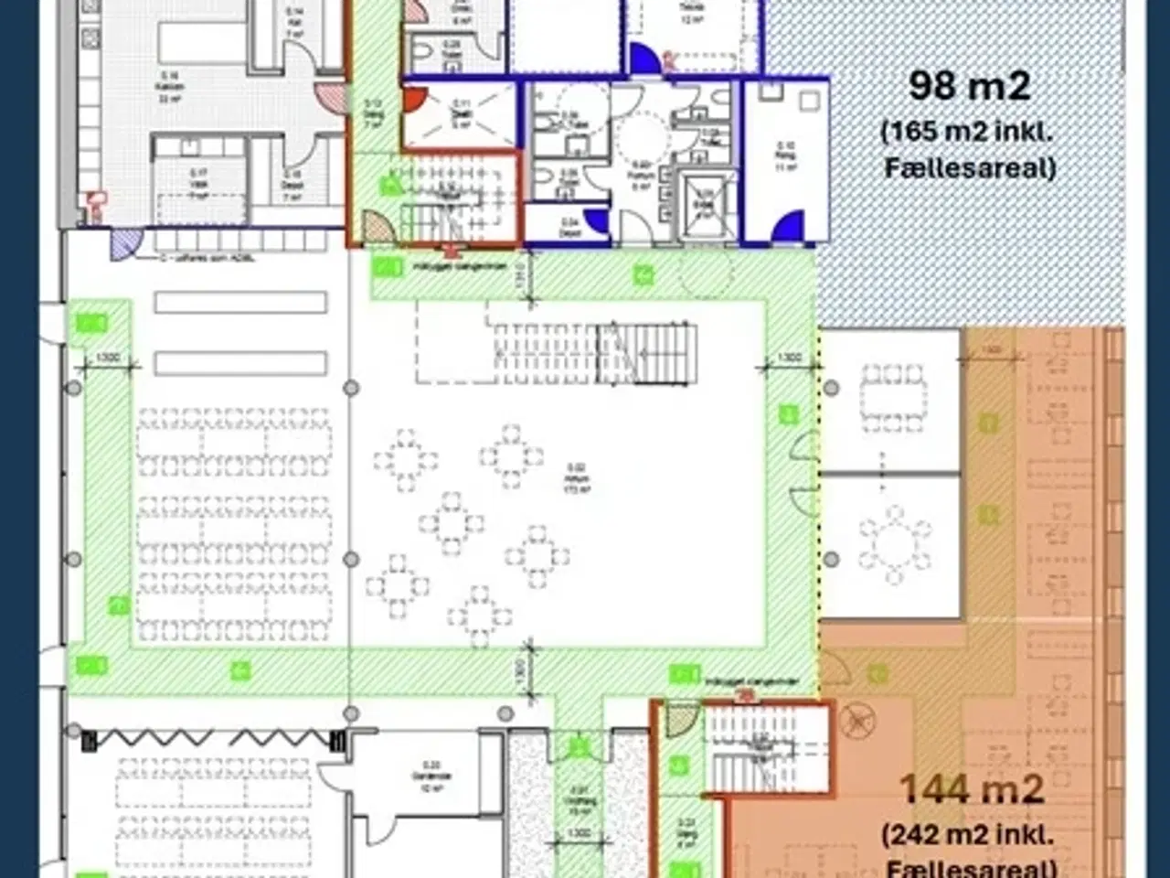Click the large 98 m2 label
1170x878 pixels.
pos(969,86)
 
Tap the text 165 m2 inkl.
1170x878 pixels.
pos(968,132)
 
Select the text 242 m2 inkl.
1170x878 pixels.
pos(968,835)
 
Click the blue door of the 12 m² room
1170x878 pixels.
pos(643,59)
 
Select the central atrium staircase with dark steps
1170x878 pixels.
pos(645,353)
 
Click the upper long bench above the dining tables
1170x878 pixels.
pos(240,302)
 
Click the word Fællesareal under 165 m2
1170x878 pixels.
pos(970,168)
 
